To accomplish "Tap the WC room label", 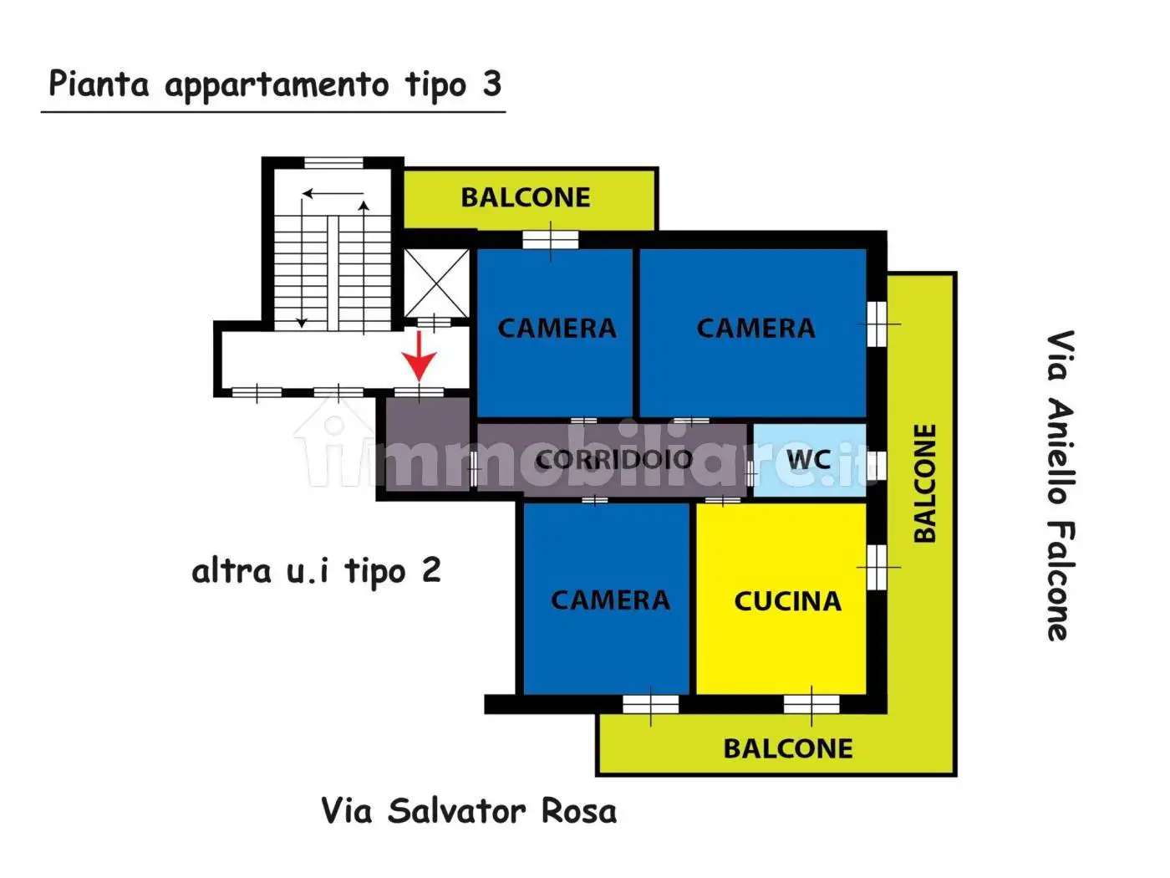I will [808, 459].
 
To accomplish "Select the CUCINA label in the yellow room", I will [787, 601].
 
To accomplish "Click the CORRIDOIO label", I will [614, 459].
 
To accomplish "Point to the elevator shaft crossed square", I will [436, 283].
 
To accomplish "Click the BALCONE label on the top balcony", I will [526, 197].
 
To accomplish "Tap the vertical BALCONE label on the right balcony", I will [924, 483].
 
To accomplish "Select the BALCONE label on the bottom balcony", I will [788, 748].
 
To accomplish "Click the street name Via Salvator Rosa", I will [469, 811].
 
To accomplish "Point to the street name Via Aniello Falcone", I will [1060, 485].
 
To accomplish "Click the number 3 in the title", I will [491, 84].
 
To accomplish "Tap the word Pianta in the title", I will [99, 84].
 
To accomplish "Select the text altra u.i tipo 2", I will [316, 572].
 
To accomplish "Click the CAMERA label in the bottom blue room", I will [610, 600].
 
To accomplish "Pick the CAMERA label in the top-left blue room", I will [557, 328].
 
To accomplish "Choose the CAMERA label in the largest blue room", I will [755, 328].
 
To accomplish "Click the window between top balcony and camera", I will [550, 239].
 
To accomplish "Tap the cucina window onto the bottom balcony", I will [811, 704].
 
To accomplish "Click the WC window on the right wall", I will [876, 463].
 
